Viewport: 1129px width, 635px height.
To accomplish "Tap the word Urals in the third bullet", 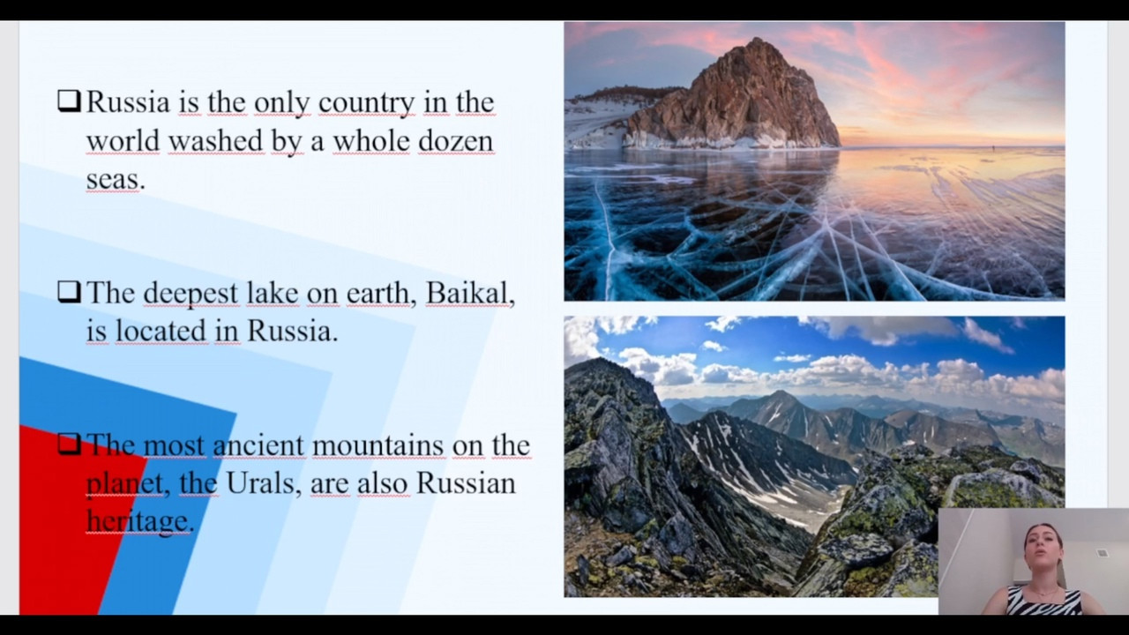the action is [x=259, y=482].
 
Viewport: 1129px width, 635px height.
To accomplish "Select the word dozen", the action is [x=455, y=140].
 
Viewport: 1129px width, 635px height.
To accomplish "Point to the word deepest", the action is [x=191, y=294].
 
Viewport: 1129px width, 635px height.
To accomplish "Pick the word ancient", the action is [x=258, y=445].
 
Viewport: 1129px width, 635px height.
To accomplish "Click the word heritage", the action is [x=137, y=521].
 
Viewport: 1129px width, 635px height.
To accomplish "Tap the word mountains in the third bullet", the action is [x=378, y=445].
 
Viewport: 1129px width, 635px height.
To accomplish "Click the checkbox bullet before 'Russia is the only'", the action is [x=69, y=101].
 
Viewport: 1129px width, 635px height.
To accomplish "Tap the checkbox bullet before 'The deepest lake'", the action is [x=69, y=292].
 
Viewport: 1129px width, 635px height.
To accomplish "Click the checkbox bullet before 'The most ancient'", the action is [x=69, y=444].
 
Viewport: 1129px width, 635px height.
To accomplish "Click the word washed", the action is [x=215, y=140].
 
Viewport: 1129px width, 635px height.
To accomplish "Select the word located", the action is [x=161, y=331].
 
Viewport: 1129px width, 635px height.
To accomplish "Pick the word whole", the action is [x=371, y=140].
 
